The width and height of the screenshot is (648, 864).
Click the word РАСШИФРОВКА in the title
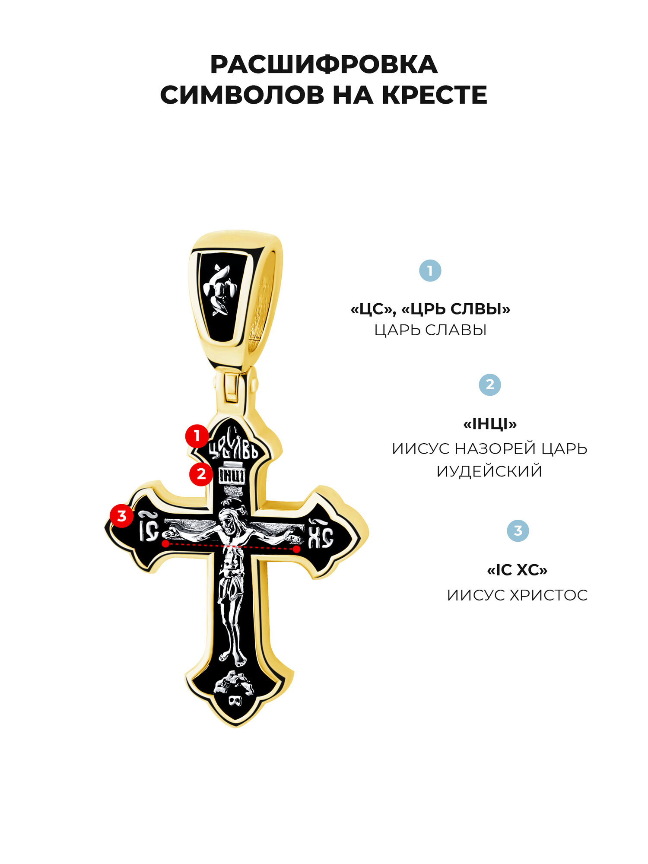324,65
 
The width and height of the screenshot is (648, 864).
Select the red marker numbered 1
197,436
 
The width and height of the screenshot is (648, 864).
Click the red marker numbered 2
201,474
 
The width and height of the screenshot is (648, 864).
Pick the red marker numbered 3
121,516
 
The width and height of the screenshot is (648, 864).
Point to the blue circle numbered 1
430,271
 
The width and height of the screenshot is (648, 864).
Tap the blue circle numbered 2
489,384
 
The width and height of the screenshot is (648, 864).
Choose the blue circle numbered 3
518,530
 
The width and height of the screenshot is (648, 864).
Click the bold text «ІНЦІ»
490,424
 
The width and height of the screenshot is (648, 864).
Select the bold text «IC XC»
517,570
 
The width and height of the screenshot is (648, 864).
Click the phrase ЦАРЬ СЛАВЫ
430,330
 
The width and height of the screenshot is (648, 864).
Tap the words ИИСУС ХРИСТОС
517,595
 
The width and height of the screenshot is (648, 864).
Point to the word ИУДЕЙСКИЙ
489,471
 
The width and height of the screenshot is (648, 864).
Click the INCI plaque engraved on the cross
233,476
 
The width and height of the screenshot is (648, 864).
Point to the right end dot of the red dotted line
296,549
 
